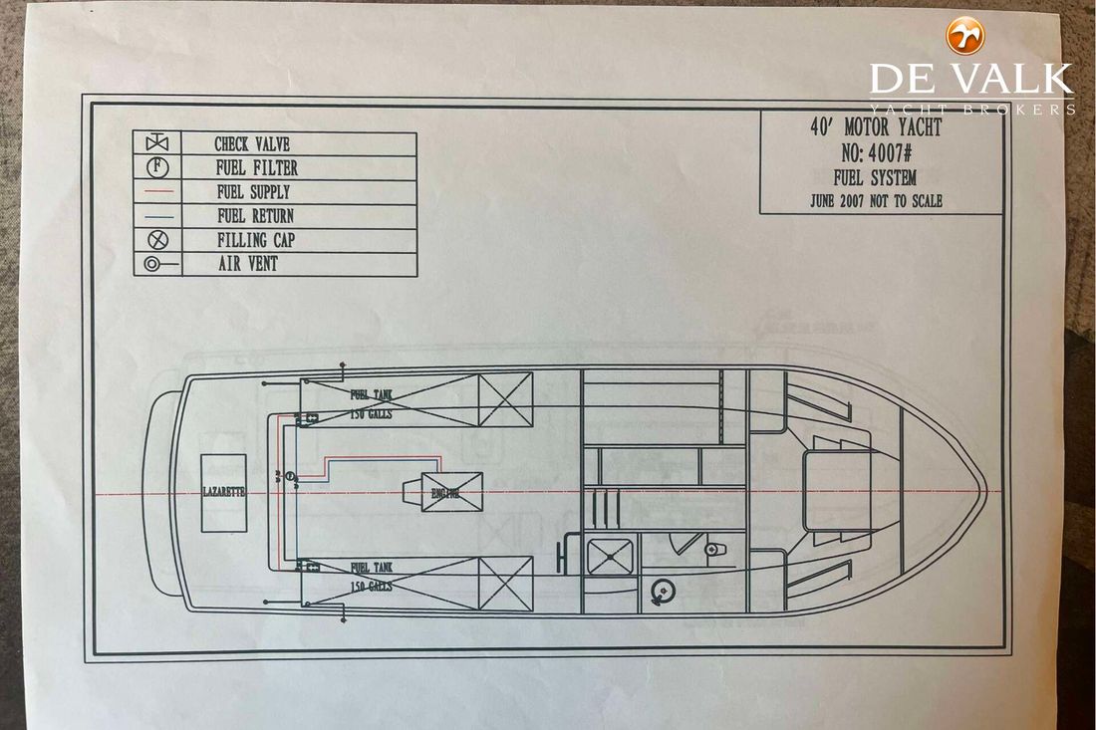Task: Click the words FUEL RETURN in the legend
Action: pos(255,215)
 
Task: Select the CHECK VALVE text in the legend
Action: pos(252,144)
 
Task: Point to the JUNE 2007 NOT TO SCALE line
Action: pos(877,200)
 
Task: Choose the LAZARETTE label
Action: pos(223,492)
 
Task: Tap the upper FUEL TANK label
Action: pos(372,394)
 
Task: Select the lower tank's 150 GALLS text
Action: pos(371,587)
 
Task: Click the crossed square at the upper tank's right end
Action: pos(505,399)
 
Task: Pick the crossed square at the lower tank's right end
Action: pos(505,584)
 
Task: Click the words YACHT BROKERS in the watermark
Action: pos(971,109)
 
